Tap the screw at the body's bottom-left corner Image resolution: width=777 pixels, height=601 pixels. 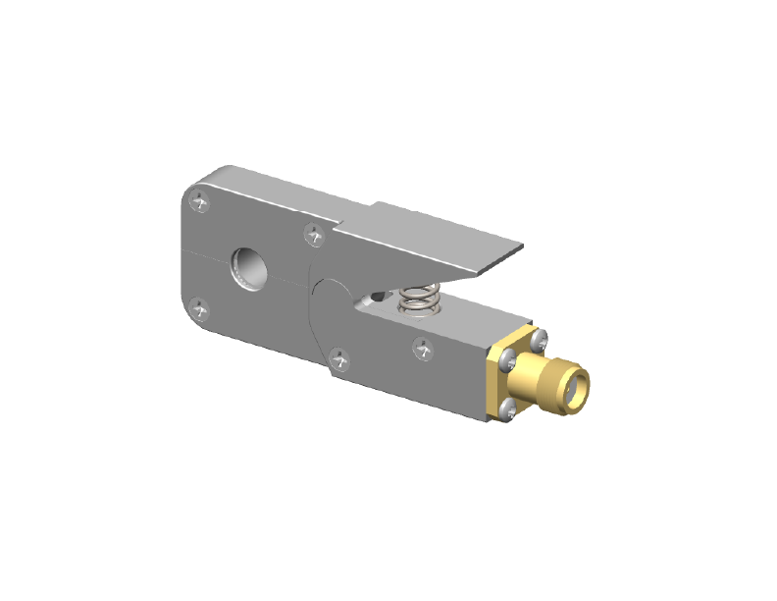click(x=202, y=311)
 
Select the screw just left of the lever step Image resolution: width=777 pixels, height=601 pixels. click(x=314, y=235)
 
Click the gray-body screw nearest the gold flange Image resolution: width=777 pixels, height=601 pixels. click(x=423, y=347)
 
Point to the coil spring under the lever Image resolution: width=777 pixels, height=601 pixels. click(x=419, y=297)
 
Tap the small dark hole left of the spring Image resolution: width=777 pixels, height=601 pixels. click(x=376, y=296)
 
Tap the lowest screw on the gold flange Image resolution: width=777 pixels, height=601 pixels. click(x=508, y=411)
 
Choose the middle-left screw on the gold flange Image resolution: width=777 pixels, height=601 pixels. click(x=506, y=361)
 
